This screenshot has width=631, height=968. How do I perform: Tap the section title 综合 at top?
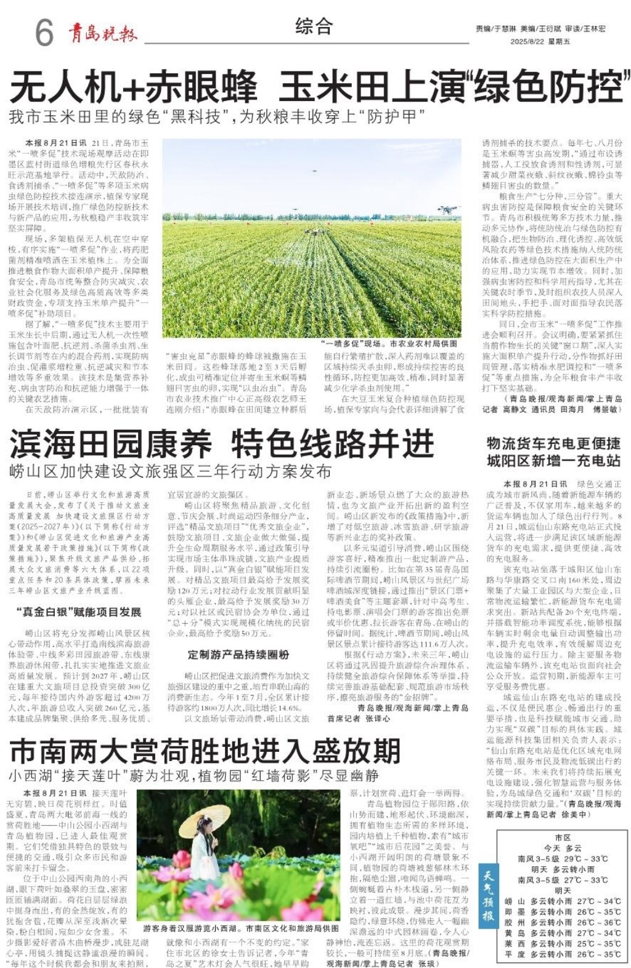coord(314,26)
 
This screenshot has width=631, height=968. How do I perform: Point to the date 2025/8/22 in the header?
coord(527,41)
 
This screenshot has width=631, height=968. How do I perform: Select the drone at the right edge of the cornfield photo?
coord(448,210)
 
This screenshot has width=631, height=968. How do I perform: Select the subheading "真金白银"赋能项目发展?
coord(78,611)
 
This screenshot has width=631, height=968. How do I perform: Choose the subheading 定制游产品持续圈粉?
coord(238,655)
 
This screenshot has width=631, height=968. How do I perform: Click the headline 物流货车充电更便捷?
coord(553,444)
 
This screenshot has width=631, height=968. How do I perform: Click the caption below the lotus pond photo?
coord(240,927)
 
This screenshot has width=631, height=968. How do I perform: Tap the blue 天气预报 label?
coord(488,896)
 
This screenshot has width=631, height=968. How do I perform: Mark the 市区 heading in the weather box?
coord(563,837)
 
